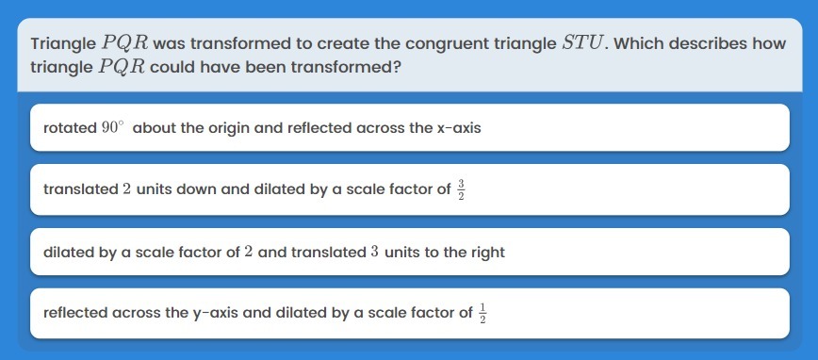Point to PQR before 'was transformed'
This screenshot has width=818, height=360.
tap(125, 43)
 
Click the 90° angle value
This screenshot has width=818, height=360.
tap(114, 128)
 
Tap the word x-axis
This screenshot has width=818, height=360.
tap(459, 128)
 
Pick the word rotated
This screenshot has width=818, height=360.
tap(70, 128)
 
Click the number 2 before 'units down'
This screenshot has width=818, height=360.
tap(127, 188)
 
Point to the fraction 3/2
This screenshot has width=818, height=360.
tap(460, 189)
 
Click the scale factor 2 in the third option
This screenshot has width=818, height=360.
tap(249, 253)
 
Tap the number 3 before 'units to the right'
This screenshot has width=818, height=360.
tap(374, 253)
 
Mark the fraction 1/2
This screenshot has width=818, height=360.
tap(483, 314)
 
